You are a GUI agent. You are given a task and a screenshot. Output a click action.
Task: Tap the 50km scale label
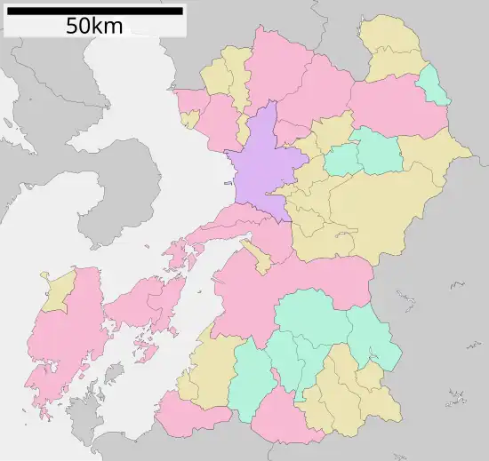point(94,27)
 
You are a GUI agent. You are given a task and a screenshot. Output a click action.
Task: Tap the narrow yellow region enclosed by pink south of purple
point(259,258)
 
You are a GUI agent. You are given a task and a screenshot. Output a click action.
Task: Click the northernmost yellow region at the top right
point(391,44)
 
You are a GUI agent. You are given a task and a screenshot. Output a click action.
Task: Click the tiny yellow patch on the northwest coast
point(189,118)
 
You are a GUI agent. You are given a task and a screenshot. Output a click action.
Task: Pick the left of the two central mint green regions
point(342,160)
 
